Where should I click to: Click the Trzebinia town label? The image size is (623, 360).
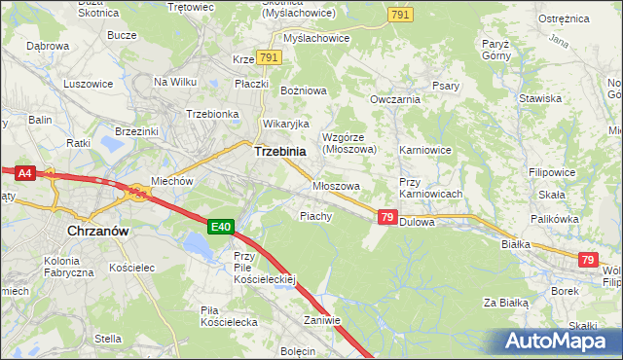[x=279, y=152]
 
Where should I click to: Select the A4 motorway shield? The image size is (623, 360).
[x=24, y=173]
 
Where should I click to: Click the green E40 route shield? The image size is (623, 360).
[x=221, y=227]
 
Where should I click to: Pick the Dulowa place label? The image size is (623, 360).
[x=417, y=222]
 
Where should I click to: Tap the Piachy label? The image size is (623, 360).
[x=316, y=216]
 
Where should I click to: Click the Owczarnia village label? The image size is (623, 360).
[x=395, y=99]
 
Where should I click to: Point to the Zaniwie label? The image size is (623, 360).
[x=321, y=320]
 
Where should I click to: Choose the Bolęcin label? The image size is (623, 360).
[x=298, y=350]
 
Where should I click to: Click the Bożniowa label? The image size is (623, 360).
[x=304, y=90]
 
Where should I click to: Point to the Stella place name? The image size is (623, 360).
[x=108, y=339]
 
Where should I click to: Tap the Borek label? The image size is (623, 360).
[x=566, y=290]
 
